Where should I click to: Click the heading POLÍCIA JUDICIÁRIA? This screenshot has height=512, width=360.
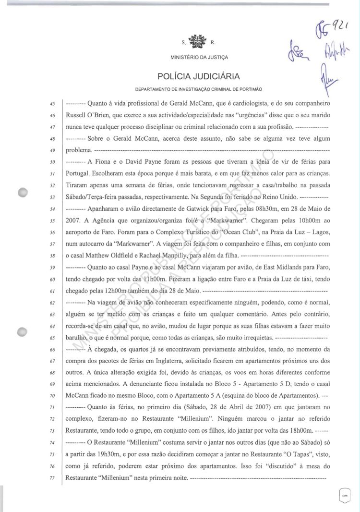(199, 77)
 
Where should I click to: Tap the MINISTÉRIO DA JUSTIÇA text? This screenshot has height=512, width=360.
(199, 58)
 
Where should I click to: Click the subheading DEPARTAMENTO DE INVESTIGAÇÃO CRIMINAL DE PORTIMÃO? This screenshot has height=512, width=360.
(199, 90)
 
